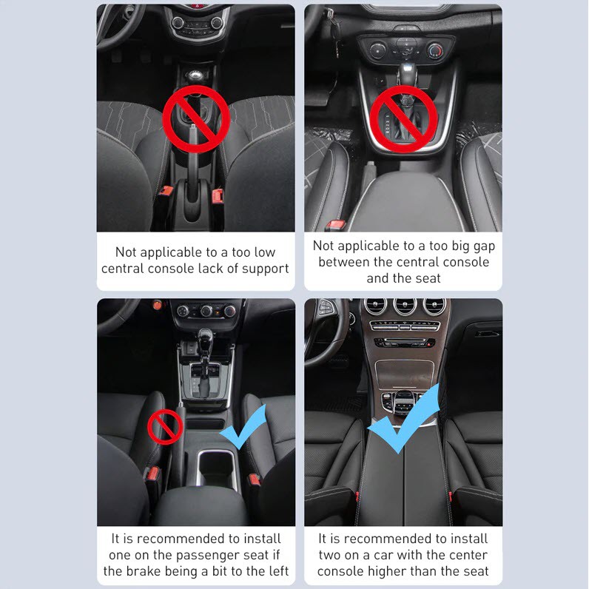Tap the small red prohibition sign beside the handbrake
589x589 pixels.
click(x=165, y=427)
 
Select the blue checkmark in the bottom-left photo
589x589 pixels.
click(x=244, y=426)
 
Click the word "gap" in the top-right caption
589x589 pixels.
click(x=484, y=246)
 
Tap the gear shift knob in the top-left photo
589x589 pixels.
click(x=195, y=76)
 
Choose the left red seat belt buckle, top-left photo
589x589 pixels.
click(x=166, y=191)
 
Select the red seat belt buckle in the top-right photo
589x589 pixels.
click(x=335, y=226)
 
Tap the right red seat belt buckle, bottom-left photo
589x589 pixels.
click(x=255, y=479)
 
